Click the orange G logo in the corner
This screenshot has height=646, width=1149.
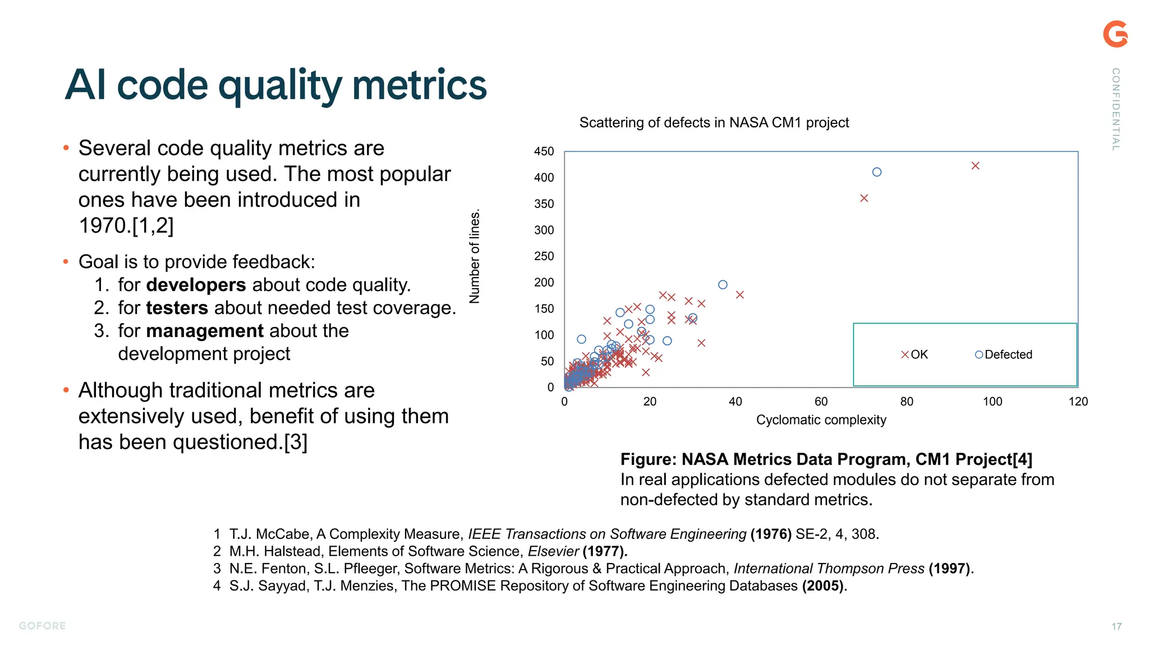click(1115, 34)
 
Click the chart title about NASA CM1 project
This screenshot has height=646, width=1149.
click(714, 122)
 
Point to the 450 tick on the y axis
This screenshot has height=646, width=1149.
click(544, 151)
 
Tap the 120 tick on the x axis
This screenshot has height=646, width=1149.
click(1078, 402)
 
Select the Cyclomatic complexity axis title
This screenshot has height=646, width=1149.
click(821, 420)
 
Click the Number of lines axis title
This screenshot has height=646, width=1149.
click(475, 257)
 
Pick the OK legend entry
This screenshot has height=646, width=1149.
click(914, 354)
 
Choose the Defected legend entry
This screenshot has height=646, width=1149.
click(1004, 354)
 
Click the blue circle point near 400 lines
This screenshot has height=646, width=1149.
click(877, 172)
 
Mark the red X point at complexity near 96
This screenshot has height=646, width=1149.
click(975, 166)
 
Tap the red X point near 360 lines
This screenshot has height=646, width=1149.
click(864, 198)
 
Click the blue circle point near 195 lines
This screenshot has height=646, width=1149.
click(723, 285)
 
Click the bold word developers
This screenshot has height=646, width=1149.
click(196, 285)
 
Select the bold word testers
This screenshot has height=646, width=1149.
click(177, 308)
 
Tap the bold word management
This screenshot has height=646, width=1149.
click(204, 331)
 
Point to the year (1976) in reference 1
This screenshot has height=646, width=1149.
click(771, 534)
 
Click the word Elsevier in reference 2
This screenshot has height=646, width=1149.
click(553, 551)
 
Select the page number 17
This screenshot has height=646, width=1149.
click(1116, 626)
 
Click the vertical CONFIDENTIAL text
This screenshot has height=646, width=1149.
click(1116, 109)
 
